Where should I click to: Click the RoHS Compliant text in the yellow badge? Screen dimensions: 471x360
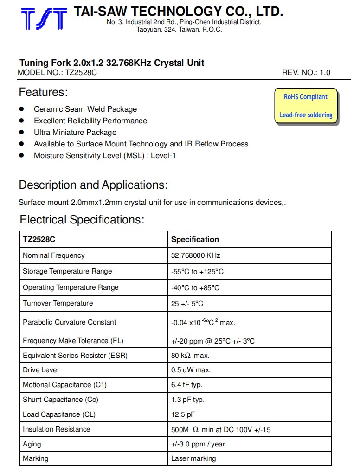(x=306, y=97)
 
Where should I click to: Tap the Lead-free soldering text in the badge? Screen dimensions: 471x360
(x=306, y=115)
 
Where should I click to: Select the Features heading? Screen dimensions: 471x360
(x=43, y=92)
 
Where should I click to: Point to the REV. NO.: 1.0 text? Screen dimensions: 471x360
(x=306, y=73)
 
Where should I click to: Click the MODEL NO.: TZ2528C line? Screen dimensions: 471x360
(x=57, y=73)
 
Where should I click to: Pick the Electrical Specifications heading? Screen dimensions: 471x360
(x=82, y=219)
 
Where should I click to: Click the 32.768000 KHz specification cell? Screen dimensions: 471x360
(x=196, y=255)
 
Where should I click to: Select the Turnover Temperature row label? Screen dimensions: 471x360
(x=58, y=303)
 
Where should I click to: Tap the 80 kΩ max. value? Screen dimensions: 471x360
(x=190, y=356)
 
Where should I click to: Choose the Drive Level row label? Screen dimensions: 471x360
(x=41, y=370)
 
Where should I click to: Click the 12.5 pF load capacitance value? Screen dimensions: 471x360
(x=183, y=414)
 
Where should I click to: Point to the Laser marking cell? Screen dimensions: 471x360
(x=193, y=458)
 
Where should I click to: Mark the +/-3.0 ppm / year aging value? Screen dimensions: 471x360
(x=198, y=444)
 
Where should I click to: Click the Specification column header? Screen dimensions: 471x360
(x=195, y=240)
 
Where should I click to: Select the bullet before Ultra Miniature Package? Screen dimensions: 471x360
(x=21, y=132)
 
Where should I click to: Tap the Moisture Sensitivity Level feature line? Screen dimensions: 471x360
(x=105, y=156)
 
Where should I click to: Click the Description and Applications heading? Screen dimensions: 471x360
(x=93, y=185)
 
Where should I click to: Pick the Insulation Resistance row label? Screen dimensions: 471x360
(x=57, y=429)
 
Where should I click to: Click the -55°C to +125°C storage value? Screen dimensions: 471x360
(x=197, y=272)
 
